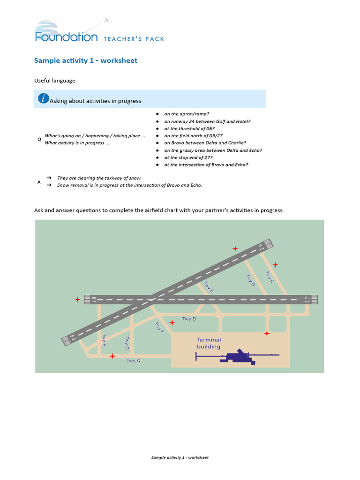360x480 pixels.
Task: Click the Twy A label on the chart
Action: [x=133, y=360]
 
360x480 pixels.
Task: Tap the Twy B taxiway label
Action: [x=189, y=319]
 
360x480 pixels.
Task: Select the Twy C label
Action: [x=270, y=277]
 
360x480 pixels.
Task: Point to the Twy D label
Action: [x=251, y=281]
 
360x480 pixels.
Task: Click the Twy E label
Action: [x=209, y=287]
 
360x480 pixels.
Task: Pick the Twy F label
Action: [x=159, y=328]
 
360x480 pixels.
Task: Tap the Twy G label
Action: [x=127, y=344]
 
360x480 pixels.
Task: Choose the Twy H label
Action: [x=104, y=340]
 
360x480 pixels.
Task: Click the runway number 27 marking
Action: [x=307, y=300]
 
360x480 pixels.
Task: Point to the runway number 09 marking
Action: [x=94, y=299]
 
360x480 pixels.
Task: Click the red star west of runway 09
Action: [x=77, y=300]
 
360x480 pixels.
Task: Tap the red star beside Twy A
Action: [x=112, y=356]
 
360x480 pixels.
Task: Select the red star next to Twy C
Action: [x=275, y=265]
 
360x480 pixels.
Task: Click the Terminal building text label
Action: [x=209, y=343]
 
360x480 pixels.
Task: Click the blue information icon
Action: [x=43, y=98]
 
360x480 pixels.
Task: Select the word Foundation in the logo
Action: [x=66, y=37]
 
